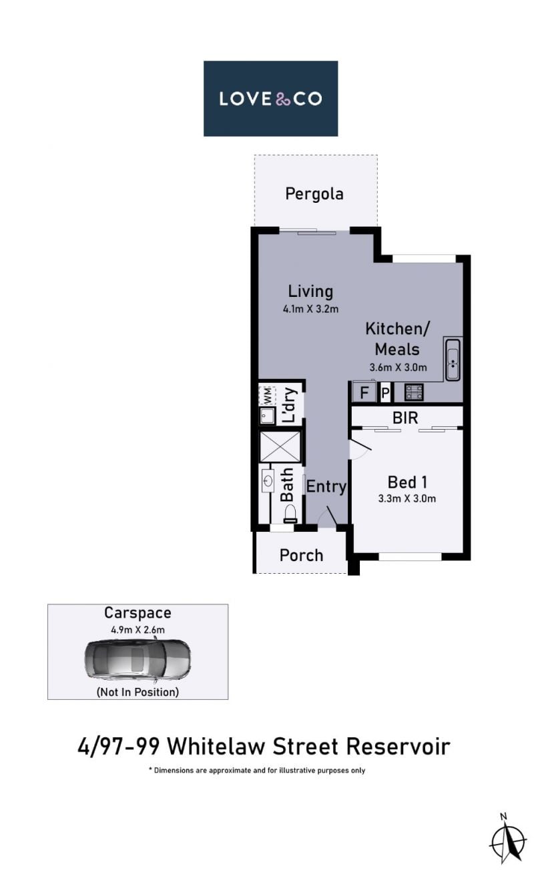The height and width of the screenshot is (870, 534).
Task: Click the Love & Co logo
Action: click(270, 98)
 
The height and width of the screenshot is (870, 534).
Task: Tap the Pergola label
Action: click(314, 194)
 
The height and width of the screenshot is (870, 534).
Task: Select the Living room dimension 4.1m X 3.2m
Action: click(310, 309)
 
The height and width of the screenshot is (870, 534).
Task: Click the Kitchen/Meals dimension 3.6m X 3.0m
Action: click(398, 368)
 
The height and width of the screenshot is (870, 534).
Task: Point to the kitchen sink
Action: click(453, 359)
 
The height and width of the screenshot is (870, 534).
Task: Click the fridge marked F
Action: click(364, 392)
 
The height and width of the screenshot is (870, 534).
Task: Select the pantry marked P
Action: click(385, 393)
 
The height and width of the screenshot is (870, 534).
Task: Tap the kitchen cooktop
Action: click(414, 392)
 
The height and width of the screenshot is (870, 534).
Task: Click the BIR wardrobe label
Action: click(405, 418)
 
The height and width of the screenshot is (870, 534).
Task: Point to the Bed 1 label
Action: click(407, 482)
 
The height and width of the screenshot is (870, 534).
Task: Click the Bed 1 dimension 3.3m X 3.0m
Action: click(407, 498)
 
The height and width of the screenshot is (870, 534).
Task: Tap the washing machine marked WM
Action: click(268, 396)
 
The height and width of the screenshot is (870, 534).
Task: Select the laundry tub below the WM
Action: click(268, 416)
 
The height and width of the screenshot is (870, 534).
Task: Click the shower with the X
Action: click(280, 446)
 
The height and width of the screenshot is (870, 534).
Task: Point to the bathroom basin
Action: click(268, 481)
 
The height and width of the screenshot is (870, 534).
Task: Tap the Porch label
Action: click(301, 555)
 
